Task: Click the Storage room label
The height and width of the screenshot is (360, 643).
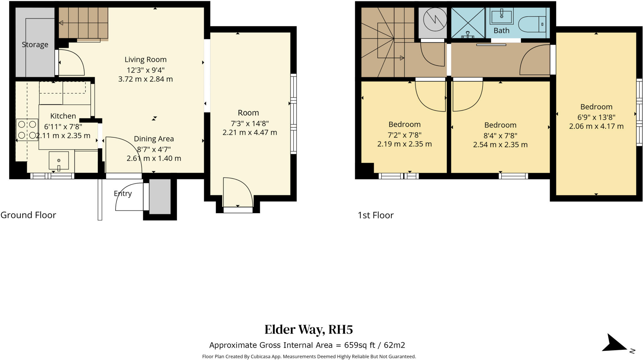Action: click(x=35, y=45)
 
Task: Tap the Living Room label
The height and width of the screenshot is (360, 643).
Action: click(x=145, y=59)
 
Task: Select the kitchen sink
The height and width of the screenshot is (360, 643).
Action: click(x=59, y=161)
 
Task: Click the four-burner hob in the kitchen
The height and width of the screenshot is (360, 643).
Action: click(x=27, y=129)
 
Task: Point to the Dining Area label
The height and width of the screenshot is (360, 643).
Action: click(x=154, y=139)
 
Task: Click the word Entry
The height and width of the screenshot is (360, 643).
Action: click(x=123, y=194)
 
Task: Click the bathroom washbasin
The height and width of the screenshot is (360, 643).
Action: click(x=501, y=16)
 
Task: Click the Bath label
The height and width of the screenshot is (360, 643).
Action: click(x=501, y=30)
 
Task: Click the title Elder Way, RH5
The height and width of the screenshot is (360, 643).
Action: click(x=309, y=330)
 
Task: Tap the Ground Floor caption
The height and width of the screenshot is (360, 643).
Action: click(x=28, y=215)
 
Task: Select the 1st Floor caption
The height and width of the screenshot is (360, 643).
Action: click(x=376, y=215)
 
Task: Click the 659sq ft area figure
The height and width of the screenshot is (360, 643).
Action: click(x=360, y=345)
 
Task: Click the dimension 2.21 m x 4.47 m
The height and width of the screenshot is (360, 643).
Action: click(x=250, y=133)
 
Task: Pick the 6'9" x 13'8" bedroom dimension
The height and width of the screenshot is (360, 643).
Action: click(x=596, y=117)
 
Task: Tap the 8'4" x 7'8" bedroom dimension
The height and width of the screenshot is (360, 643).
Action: click(x=500, y=135)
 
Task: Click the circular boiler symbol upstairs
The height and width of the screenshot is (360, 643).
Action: click(x=435, y=19)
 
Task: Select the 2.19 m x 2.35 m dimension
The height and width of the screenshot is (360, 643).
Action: click(x=404, y=144)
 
